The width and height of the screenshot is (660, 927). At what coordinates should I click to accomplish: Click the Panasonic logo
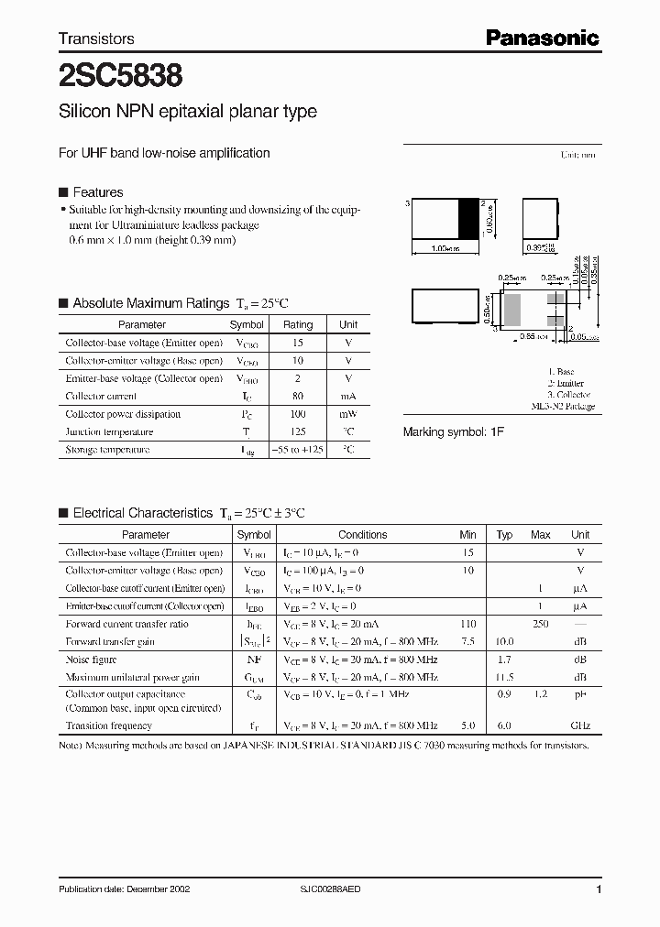pyautogui.click(x=541, y=38)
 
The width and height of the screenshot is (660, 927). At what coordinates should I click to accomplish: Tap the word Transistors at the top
pyautogui.click(x=96, y=38)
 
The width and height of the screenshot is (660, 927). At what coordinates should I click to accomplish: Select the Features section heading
pyautogui.click(x=97, y=192)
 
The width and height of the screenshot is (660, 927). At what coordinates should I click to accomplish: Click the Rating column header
pyautogui.click(x=297, y=324)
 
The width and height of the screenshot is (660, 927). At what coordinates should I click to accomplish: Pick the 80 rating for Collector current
pyautogui.click(x=297, y=396)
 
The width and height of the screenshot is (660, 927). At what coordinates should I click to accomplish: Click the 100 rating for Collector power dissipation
pyautogui.click(x=297, y=414)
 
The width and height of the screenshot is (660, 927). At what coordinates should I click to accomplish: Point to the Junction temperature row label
pyautogui.click(x=109, y=431)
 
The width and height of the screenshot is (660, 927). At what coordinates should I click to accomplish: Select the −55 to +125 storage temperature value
pyautogui.click(x=297, y=450)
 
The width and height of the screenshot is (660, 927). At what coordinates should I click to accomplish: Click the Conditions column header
pyautogui.click(x=362, y=534)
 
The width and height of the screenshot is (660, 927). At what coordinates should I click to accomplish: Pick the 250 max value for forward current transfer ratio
pyautogui.click(x=541, y=624)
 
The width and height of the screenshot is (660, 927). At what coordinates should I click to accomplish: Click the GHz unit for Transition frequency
pyautogui.click(x=579, y=725)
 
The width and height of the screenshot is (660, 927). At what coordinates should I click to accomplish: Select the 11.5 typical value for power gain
pyautogui.click(x=504, y=677)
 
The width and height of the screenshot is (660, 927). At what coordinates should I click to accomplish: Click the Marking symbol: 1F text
pyautogui.click(x=454, y=431)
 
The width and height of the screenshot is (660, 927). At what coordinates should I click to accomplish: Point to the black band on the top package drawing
pyautogui.click(x=468, y=220)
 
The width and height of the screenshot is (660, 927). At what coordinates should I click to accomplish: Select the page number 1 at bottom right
pyautogui.click(x=599, y=889)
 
